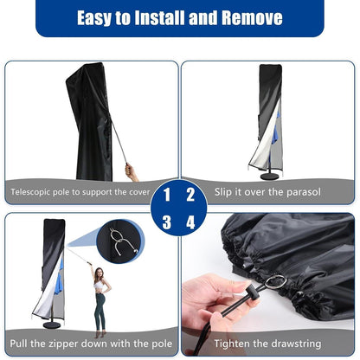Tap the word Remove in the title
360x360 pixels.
coord(252,17)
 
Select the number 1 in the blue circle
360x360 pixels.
coord(167,195)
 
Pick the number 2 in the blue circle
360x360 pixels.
coord(190,195)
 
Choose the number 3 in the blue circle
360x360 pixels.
coord(167,222)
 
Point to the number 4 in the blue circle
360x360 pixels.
coord(190,222)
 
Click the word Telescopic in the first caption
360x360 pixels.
coord(30,192)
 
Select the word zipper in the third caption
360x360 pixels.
coord(64,344)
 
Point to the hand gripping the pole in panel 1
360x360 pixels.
coord(130,171)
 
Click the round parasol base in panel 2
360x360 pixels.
coord(269,177)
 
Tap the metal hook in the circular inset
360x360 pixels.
coord(121,242)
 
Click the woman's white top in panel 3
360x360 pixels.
coord(99,286)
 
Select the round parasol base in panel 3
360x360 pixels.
coord(52,325)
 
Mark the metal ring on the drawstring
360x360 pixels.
coord(275,281)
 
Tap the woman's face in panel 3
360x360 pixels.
coord(99,273)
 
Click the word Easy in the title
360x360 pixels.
coord(94,18)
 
